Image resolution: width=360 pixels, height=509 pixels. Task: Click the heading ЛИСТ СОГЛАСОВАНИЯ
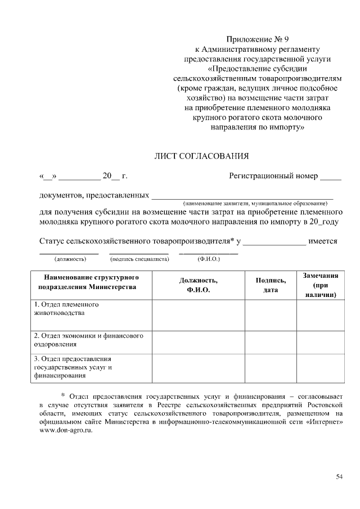[x=201, y=156]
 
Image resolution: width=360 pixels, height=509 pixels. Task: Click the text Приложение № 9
[x=256, y=39]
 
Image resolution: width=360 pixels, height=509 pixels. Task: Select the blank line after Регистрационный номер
[x=330, y=178]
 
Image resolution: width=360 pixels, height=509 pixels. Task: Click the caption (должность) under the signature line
[x=69, y=259]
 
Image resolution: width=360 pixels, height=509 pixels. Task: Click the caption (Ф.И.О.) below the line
[x=208, y=259]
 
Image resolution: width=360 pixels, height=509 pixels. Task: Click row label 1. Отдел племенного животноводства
[x=66, y=308]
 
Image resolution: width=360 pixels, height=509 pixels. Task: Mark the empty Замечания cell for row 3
[x=320, y=368]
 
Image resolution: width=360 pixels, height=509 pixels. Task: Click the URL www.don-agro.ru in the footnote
[x=65, y=430]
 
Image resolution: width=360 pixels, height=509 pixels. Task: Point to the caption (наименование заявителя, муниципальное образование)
[x=254, y=201]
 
